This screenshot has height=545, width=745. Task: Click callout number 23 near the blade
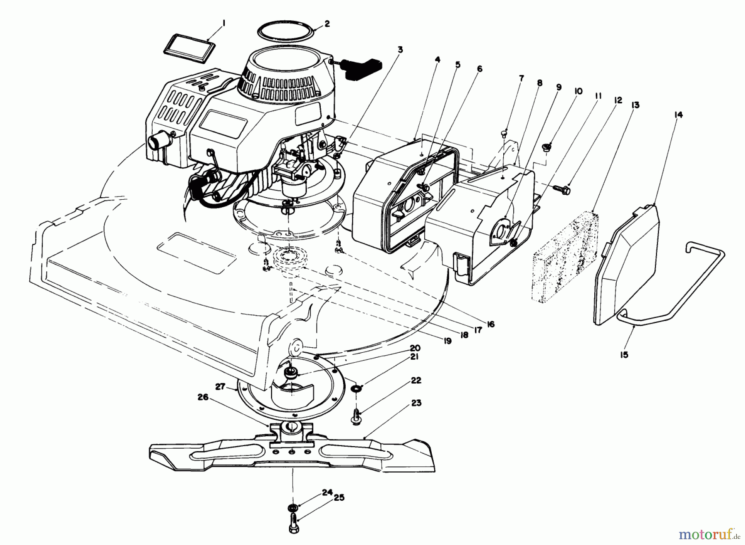coord(416,403)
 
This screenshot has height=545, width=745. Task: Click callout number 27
coord(220,386)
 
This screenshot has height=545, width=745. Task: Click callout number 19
coord(447,341)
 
